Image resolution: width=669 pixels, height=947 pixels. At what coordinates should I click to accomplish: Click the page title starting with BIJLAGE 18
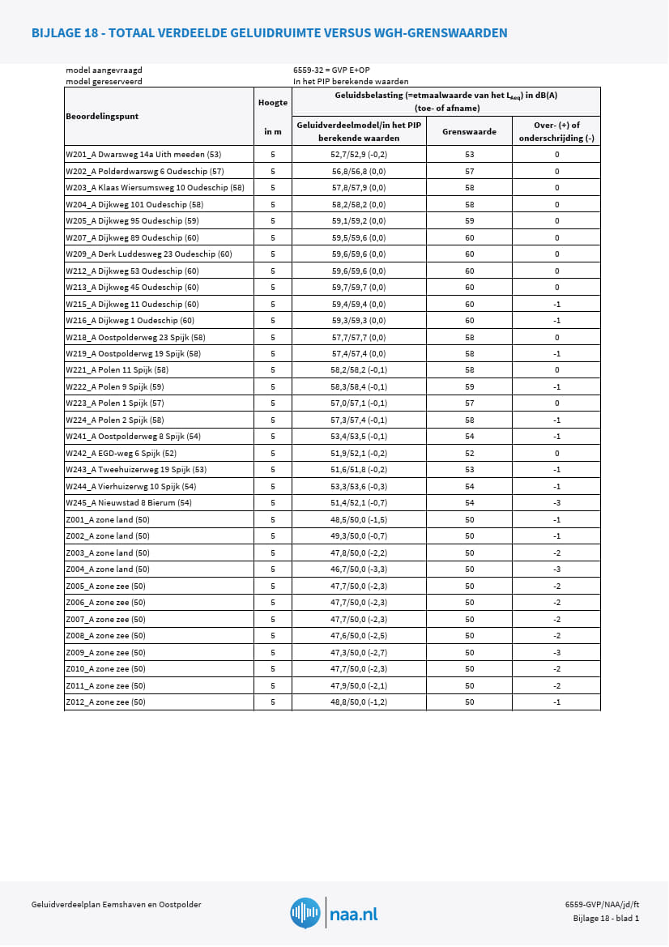click(269, 32)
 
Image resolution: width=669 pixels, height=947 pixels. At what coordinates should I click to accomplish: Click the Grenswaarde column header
click(469, 131)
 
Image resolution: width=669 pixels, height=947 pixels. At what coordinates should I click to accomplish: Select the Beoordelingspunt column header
click(102, 116)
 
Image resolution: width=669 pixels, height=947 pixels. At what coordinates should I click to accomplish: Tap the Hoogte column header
click(273, 103)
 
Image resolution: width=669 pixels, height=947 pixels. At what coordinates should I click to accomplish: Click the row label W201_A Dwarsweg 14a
click(143, 154)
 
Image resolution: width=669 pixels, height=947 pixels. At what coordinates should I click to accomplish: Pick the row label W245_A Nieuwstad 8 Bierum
click(129, 503)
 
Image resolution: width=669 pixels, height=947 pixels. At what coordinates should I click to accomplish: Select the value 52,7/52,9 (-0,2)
click(359, 154)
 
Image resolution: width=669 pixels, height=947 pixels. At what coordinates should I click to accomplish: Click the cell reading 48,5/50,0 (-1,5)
click(359, 520)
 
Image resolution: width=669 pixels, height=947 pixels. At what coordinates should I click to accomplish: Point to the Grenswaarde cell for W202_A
click(469, 171)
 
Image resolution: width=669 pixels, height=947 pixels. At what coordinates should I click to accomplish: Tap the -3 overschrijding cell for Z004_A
click(556, 569)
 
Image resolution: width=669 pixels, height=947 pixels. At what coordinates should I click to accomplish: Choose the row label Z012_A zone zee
click(105, 702)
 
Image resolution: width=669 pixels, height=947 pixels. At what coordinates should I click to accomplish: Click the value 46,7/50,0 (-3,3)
click(359, 569)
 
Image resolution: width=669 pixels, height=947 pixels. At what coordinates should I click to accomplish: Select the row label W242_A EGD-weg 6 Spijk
click(121, 454)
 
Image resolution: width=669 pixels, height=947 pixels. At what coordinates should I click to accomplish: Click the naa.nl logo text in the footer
click(354, 915)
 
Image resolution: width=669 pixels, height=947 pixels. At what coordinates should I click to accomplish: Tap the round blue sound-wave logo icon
click(305, 913)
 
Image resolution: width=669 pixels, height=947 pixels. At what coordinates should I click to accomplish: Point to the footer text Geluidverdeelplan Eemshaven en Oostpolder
click(116, 905)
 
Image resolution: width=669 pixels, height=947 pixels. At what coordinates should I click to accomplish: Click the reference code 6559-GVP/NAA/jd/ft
click(602, 905)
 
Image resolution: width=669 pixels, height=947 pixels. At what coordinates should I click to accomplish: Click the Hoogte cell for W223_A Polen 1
click(273, 403)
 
